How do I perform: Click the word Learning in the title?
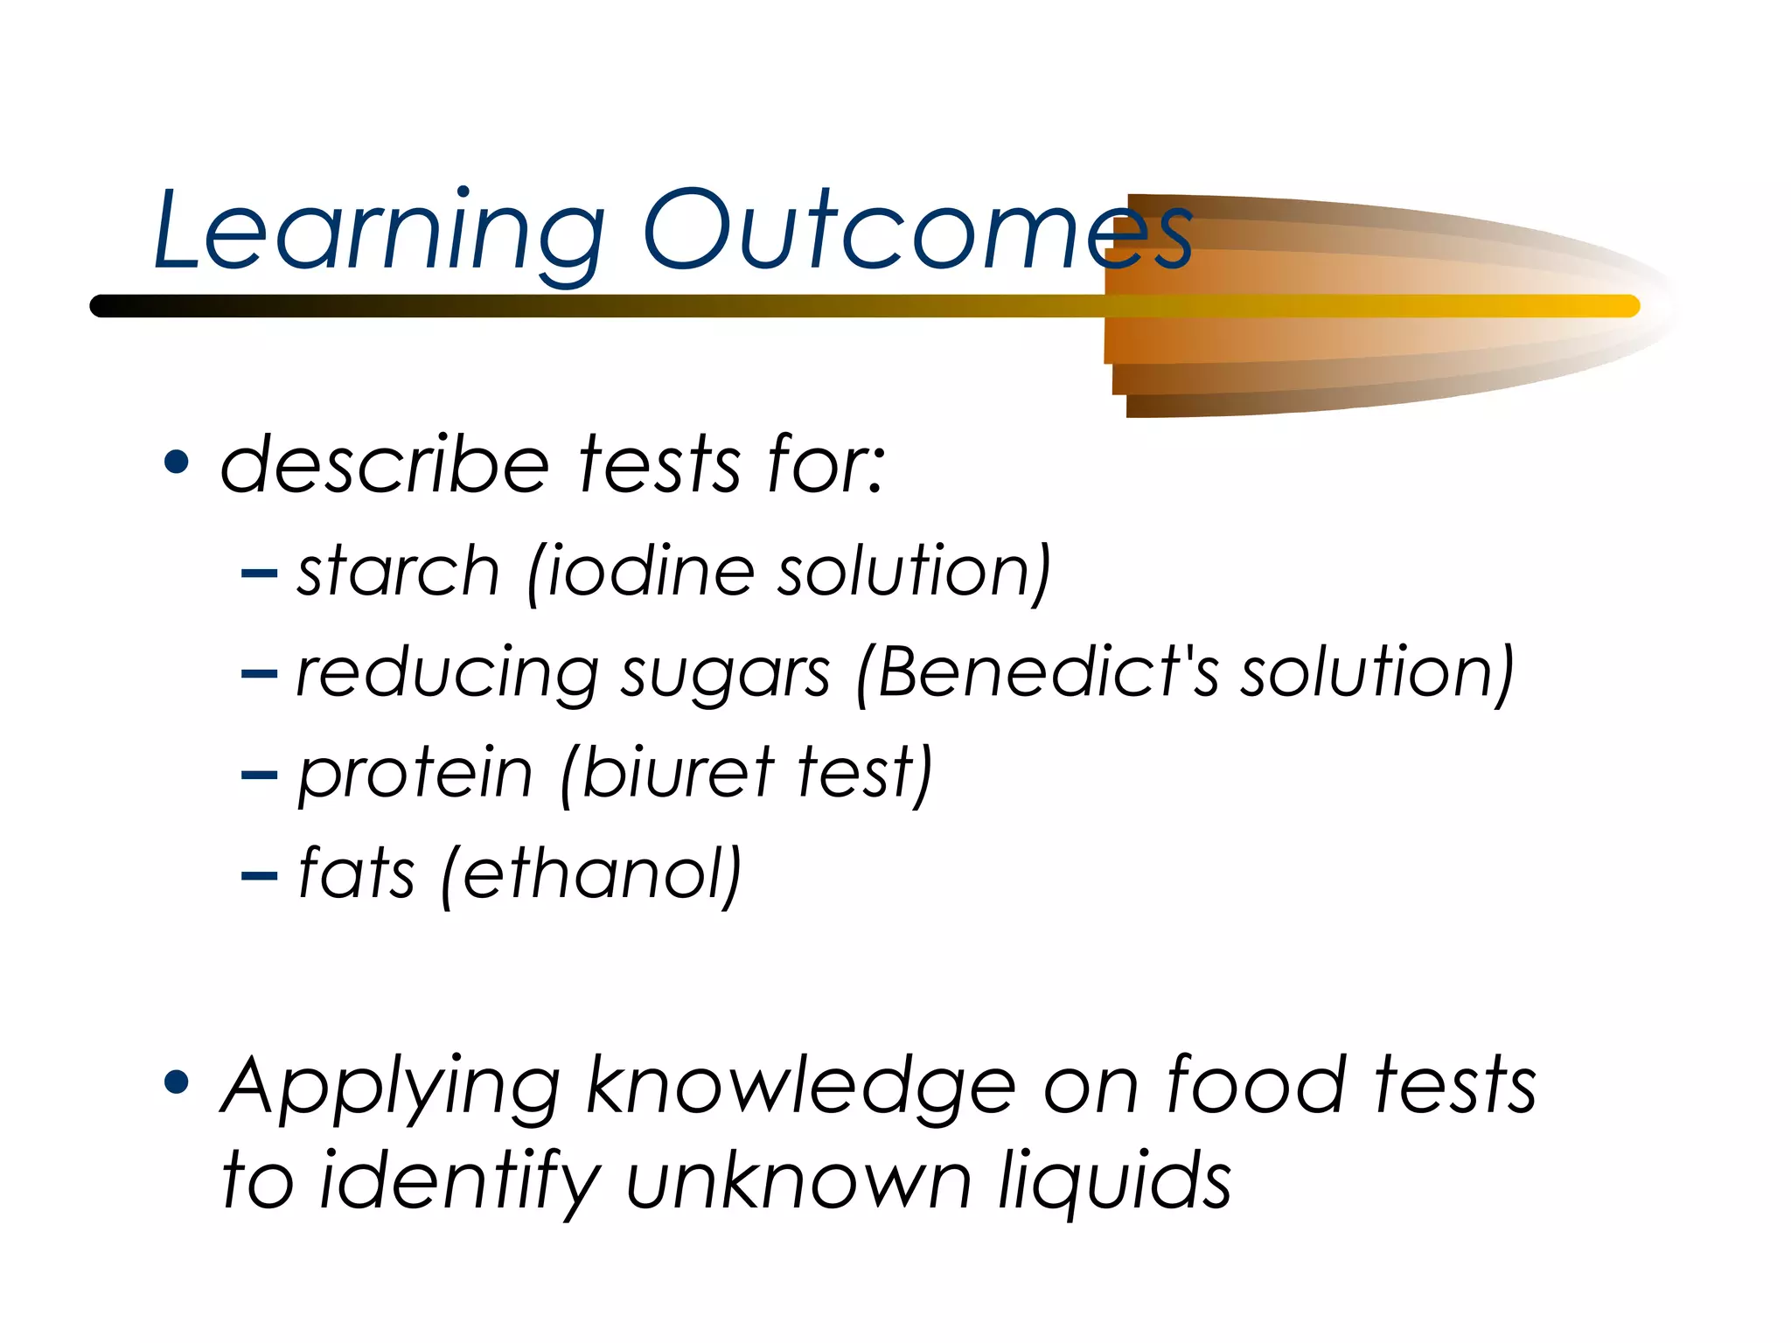pos(378,232)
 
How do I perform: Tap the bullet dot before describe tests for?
pos(177,462)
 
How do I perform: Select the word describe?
pos(385,464)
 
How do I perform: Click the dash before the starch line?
pos(259,574)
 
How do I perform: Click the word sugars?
pos(725,675)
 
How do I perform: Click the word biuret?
pos(678,773)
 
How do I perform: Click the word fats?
pos(356,873)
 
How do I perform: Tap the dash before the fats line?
pos(259,875)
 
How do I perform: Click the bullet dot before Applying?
pos(177,1082)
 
